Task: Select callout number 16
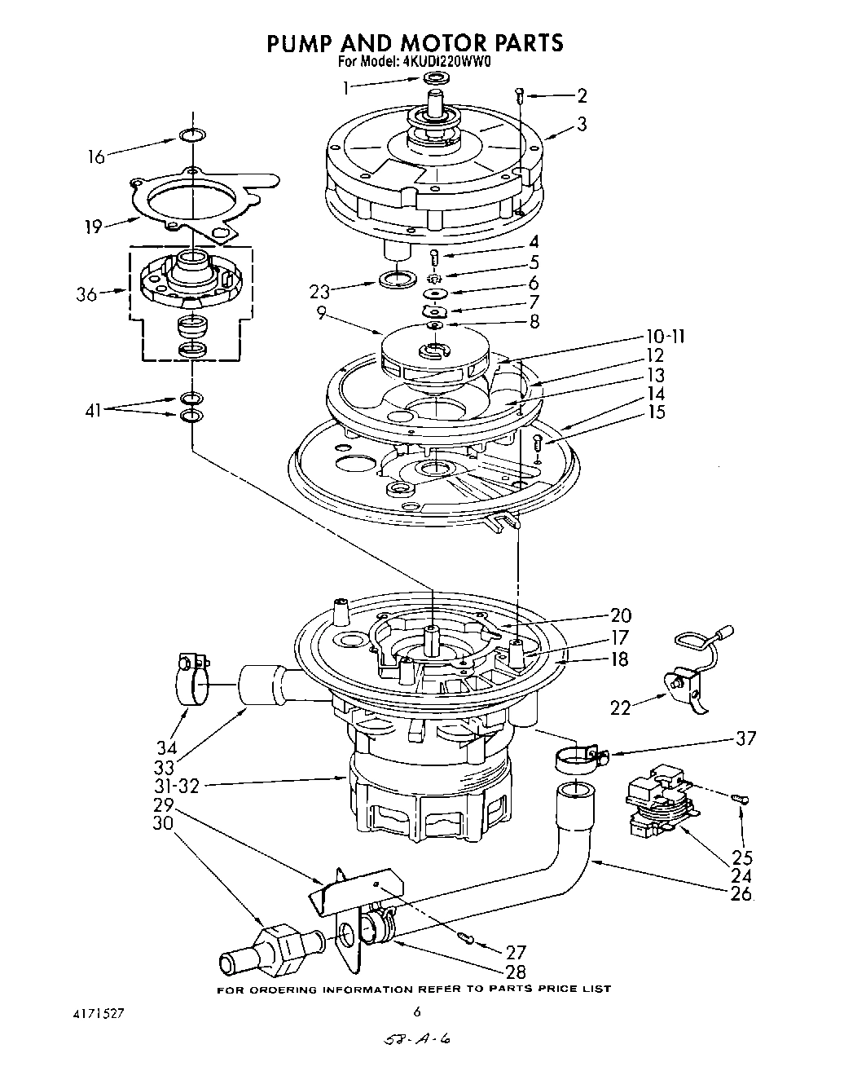point(97,156)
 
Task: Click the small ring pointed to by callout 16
point(191,135)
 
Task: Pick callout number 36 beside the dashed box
point(86,294)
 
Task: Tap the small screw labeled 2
point(519,95)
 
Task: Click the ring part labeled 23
point(397,281)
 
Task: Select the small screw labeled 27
point(465,937)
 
